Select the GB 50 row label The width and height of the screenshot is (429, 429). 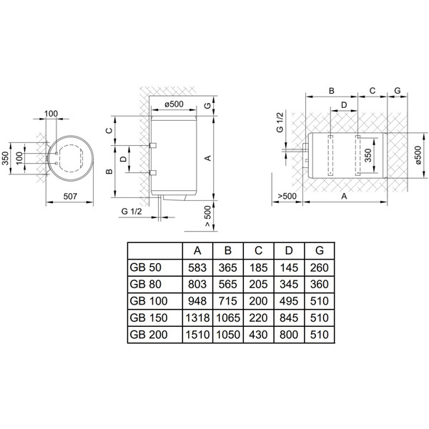145,267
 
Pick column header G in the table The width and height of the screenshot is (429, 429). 318,250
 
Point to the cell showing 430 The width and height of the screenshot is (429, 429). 257,334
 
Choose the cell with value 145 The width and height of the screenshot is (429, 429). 288,267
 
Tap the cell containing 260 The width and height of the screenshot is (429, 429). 318,267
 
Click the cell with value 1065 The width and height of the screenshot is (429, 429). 227,317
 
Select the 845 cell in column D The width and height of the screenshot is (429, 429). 288,317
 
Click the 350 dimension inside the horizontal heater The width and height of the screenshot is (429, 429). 368,156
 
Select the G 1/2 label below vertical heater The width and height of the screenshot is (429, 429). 132,212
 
